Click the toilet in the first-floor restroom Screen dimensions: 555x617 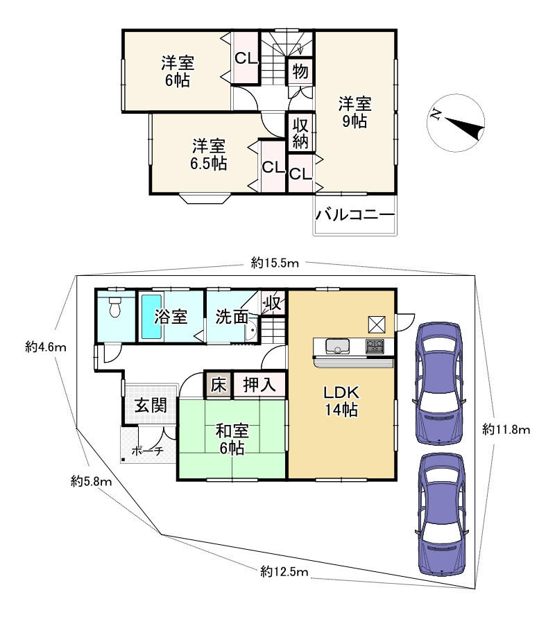tap(115, 307)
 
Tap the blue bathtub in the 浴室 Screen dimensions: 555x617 tap(152, 316)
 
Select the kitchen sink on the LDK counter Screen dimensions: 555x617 tap(337, 346)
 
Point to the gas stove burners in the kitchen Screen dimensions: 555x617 tap(375, 346)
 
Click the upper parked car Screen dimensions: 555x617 tap(438, 383)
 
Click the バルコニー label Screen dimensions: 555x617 tap(355, 215)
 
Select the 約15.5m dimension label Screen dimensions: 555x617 tap(275, 263)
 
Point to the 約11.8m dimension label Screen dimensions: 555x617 tap(506, 429)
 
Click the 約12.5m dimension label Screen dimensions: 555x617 tap(284, 571)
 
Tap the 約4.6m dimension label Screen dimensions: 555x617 tap(46, 347)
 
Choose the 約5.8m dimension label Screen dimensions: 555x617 tap(91, 481)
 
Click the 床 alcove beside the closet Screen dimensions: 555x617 tap(219, 385)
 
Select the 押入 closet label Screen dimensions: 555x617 tap(259, 385)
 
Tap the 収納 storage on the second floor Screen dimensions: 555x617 tap(300, 133)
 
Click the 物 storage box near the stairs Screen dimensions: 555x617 tap(300, 71)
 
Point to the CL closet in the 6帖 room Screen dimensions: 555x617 tap(246, 58)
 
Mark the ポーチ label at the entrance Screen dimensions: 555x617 tap(147, 451)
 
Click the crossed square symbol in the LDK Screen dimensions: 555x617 tap(377, 324)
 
